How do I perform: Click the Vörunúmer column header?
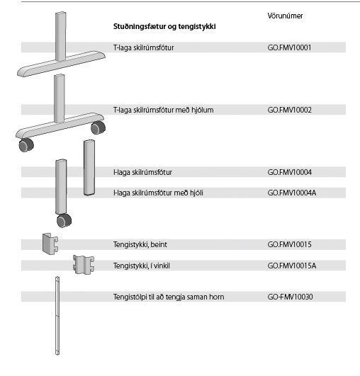pos(285,16)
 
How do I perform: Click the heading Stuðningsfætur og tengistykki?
pos(164,27)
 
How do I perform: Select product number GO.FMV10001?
pos(289,47)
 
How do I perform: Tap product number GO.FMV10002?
pos(290,110)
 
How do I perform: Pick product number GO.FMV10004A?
pos(292,193)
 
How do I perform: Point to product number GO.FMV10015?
pos(290,244)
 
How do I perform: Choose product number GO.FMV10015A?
pos(292,266)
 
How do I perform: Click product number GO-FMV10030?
pos(290,297)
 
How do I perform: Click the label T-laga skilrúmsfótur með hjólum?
pos(163,110)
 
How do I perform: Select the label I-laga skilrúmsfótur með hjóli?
pos(158,193)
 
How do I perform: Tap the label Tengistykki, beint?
pos(140,244)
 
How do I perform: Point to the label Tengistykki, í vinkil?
pos(142,266)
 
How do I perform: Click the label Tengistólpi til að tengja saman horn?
pos(169,297)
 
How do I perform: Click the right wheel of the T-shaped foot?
pos(99,127)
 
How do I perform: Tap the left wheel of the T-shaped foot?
pos(26,145)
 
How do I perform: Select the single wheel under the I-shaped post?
pos(64,220)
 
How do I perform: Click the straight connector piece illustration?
pos(50,244)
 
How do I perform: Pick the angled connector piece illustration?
pos(84,264)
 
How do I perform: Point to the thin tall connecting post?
pos(57,316)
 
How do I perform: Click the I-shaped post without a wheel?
pos(89,168)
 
